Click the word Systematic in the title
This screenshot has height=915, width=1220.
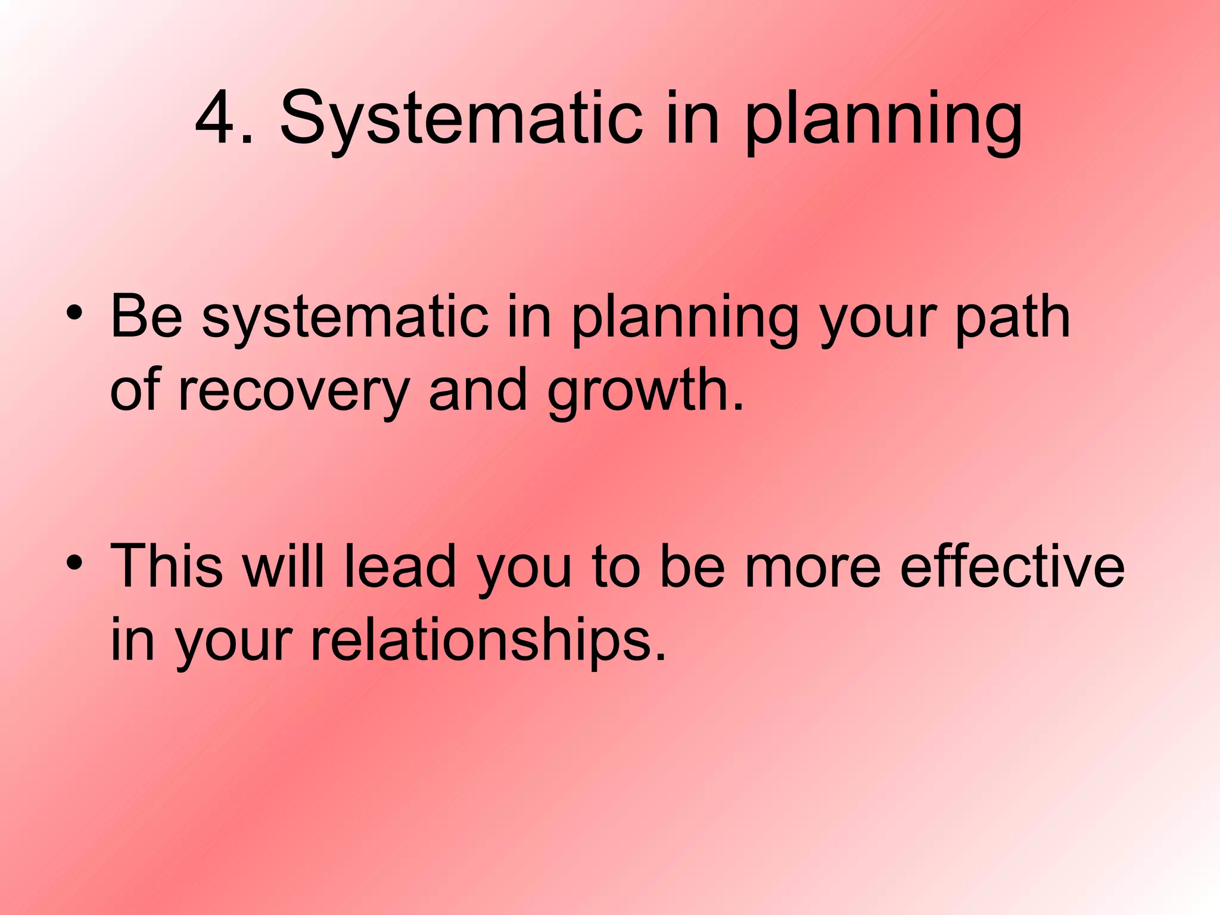[x=461, y=119]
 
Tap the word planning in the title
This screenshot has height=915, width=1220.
[x=883, y=122]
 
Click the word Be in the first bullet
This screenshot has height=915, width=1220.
[x=147, y=316]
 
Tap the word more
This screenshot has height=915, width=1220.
[x=813, y=566]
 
